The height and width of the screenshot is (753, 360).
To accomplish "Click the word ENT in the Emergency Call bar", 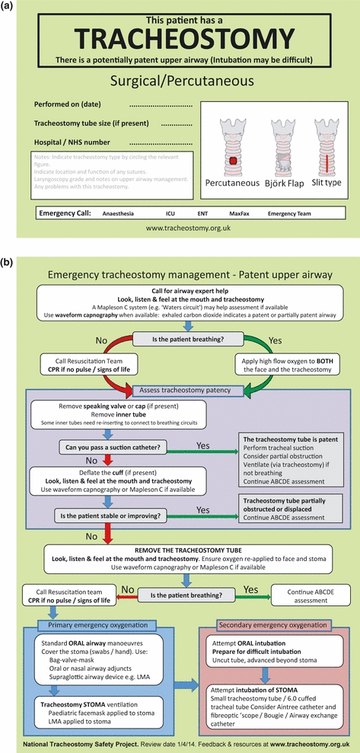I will (197, 214).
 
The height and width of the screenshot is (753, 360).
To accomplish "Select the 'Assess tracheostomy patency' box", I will (180, 391).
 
